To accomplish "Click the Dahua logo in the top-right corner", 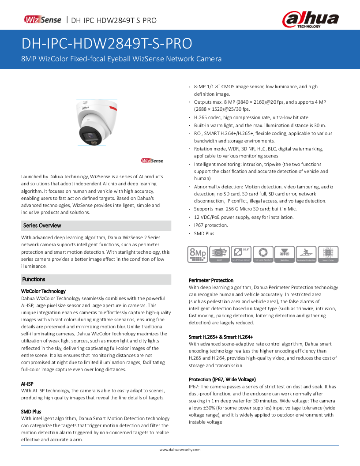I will pyautogui.click(x=311, y=19).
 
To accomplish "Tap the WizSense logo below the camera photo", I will pyautogui.click(x=152, y=161).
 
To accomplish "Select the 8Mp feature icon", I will pyautogui.click(x=197, y=254).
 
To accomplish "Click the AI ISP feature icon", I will pyautogui.click(x=219, y=254).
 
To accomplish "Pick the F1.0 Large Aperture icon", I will pyautogui.click(x=263, y=254).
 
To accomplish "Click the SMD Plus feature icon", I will pyautogui.click(x=285, y=254).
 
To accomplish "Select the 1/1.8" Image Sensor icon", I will pyautogui.click(x=241, y=254).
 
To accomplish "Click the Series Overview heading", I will pyautogui.click(x=42, y=225).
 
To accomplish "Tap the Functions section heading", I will pyautogui.click(x=34, y=279).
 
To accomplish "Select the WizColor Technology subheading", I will pyautogui.click(x=43, y=291).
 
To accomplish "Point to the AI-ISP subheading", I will pyautogui.click(x=27, y=383).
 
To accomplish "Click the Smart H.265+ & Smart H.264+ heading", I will pyautogui.click(x=221, y=337).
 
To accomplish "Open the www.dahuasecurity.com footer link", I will pyautogui.click(x=180, y=450).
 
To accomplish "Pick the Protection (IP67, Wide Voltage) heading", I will pyautogui.click(x=222, y=380).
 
